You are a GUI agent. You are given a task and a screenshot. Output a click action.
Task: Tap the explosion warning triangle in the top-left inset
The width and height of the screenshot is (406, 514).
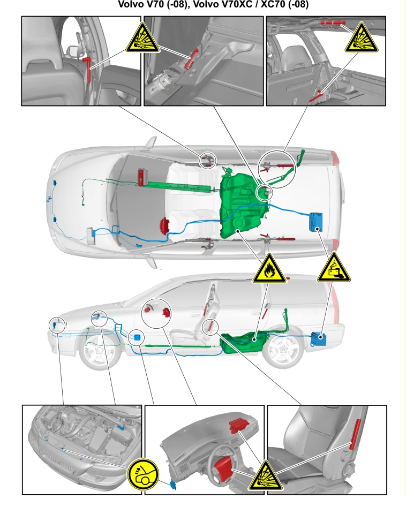tap(142, 39)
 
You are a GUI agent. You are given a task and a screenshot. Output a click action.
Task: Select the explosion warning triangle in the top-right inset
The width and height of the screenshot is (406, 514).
tap(362, 39)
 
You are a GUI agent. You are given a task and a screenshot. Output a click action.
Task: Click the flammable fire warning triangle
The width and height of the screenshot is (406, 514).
tap(269, 270)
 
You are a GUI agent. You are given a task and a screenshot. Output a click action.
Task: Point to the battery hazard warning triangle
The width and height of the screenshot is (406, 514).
tap(334, 268)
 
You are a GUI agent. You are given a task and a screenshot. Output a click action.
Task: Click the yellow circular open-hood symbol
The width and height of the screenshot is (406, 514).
tap(143, 474)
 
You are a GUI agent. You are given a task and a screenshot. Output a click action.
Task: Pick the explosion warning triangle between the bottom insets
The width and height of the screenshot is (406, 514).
tap(266, 477)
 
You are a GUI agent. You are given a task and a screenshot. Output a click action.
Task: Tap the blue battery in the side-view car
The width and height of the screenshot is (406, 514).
tap(319, 339)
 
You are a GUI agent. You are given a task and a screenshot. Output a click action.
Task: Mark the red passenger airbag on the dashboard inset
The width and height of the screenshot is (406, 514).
tap(240, 425)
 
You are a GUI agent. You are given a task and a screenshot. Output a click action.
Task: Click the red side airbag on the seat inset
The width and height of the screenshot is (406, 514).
tap(355, 434)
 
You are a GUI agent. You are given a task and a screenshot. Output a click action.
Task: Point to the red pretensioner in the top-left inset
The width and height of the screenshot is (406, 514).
tap(87, 69)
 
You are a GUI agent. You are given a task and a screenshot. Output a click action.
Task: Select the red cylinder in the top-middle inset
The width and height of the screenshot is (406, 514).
tap(191, 59)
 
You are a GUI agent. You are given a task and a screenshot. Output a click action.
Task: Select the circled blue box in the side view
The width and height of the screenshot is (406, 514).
tap(138, 337)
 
